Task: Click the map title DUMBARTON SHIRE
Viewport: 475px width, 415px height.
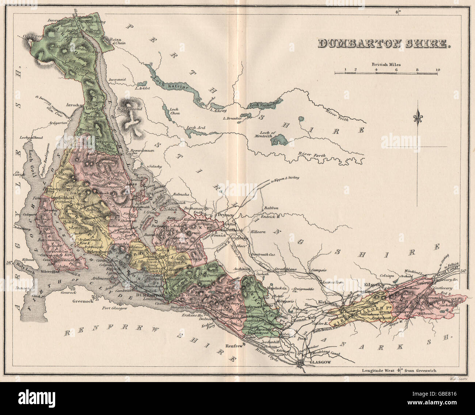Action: point(384,44)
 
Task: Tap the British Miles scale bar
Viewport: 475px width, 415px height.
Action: point(386,73)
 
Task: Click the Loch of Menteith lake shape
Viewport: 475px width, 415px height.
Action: point(280,140)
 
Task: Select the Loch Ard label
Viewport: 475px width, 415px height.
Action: point(196,128)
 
